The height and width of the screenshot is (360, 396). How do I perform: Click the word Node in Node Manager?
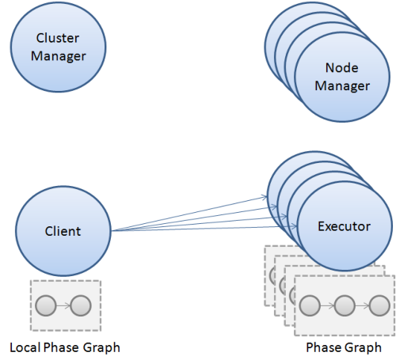pyautogui.click(x=342, y=68)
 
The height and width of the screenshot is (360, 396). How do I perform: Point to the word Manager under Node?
pyautogui.click(x=342, y=85)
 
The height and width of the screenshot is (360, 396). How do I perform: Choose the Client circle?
pyautogui.click(x=63, y=231)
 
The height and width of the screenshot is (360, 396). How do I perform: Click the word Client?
pyautogui.click(x=63, y=231)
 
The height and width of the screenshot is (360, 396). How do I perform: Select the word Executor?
pyautogui.click(x=344, y=226)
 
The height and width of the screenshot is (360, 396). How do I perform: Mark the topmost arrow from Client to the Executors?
pyautogui.click(x=190, y=213)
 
